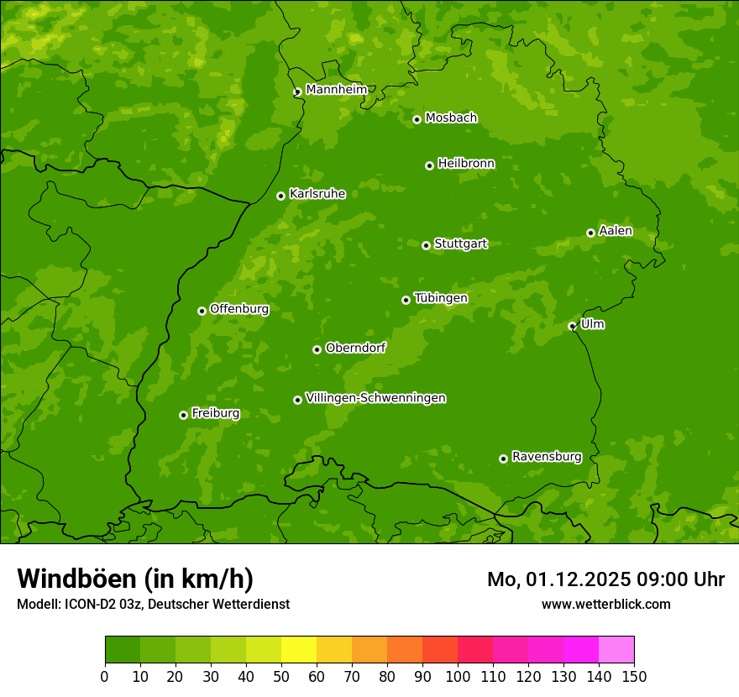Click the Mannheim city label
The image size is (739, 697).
(336, 90)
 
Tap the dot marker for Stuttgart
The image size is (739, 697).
(426, 245)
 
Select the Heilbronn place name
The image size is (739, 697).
(466, 164)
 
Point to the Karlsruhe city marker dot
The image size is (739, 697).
(280, 196)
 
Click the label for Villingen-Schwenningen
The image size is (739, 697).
(375, 398)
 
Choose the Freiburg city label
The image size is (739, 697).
(215, 413)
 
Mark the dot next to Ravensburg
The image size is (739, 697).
(503, 459)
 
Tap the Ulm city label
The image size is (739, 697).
(592, 324)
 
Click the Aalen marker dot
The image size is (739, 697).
(590, 233)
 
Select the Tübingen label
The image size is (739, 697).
(440, 298)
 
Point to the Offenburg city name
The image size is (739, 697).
(239, 309)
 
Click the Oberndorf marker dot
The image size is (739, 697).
(317, 349)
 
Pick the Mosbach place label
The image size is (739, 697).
(451, 118)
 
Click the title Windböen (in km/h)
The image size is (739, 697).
(134, 579)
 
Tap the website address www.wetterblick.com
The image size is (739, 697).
(605, 604)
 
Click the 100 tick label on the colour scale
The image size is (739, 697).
(458, 676)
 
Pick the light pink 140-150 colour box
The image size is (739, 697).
(616, 650)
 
